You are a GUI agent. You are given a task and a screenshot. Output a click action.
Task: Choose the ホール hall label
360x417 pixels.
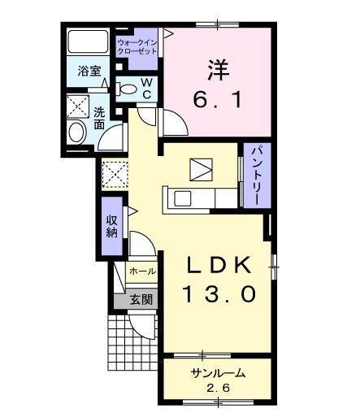click(143, 271)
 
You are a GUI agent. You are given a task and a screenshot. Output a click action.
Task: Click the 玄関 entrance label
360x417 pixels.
click(141, 300)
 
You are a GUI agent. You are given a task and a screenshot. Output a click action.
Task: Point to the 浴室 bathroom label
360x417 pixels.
click(89, 72)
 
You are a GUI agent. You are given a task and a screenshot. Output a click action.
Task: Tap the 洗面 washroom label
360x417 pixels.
click(98, 119)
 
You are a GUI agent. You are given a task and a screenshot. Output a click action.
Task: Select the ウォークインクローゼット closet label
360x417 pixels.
click(139, 46)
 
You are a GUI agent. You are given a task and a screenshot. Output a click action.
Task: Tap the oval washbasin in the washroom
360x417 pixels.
click(76, 133)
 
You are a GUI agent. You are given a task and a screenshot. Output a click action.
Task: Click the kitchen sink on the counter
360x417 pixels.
click(180, 198)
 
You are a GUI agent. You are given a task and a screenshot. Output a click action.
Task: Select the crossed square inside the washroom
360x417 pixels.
click(77, 106)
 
